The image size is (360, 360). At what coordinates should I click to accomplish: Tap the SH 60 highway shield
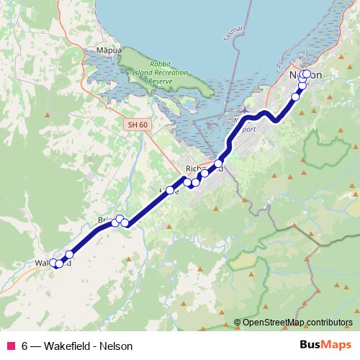pyautogui.click(x=137, y=125)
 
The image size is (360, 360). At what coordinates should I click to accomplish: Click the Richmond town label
pyautogui.click(x=204, y=168)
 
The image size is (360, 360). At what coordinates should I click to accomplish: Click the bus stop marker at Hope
pyautogui.click(x=171, y=191)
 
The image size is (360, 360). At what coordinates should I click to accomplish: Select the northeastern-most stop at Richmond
pyautogui.click(x=219, y=164)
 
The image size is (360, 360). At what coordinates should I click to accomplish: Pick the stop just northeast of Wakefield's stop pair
pyautogui.click(x=70, y=254)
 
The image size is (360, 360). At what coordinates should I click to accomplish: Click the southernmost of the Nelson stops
pyautogui.click(x=295, y=96)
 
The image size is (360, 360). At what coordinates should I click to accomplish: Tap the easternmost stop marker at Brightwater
pyautogui.click(x=125, y=222)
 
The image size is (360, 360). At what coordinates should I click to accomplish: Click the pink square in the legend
pyautogui.click(x=10, y=346)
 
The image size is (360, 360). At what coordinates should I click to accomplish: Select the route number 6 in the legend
pyautogui.click(x=24, y=346)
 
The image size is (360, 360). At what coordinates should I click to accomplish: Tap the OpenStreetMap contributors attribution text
pyautogui.click(x=297, y=322)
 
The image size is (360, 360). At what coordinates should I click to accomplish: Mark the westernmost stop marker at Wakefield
pyautogui.click(x=53, y=264)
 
